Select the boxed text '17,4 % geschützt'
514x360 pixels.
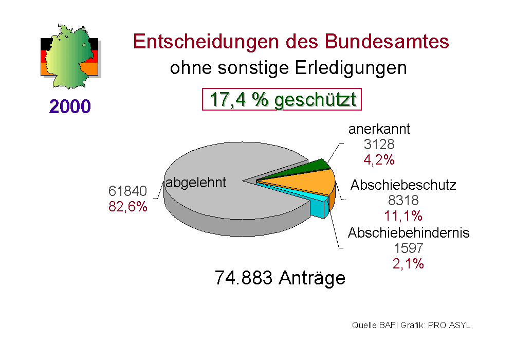[x=282, y=100]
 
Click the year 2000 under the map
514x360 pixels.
[x=70, y=106]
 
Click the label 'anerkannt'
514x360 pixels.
[x=379, y=129]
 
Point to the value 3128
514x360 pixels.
[x=379, y=145]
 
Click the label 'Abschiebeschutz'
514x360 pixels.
[x=403, y=185]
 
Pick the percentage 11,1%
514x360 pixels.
[x=403, y=215]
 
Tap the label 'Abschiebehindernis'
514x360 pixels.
[x=409, y=233]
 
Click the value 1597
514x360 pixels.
[x=409, y=248]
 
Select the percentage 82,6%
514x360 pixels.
[x=128, y=207]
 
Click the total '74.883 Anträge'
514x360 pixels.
[x=280, y=278]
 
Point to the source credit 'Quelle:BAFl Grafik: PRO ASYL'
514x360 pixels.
[x=411, y=326]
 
